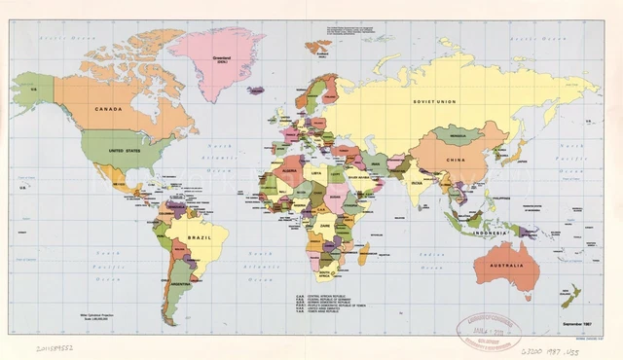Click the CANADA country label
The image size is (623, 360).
pyautogui.click(x=107, y=109)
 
